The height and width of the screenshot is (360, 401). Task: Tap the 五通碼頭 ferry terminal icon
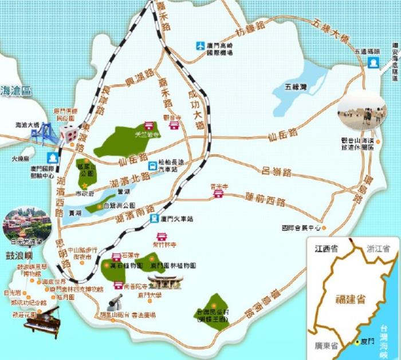[374, 61]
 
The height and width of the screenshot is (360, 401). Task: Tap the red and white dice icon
[68, 133]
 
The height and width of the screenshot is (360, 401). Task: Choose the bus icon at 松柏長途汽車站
[152, 166]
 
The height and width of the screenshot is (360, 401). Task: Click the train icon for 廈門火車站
[154, 218]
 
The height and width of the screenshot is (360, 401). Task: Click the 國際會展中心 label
[301, 227]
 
